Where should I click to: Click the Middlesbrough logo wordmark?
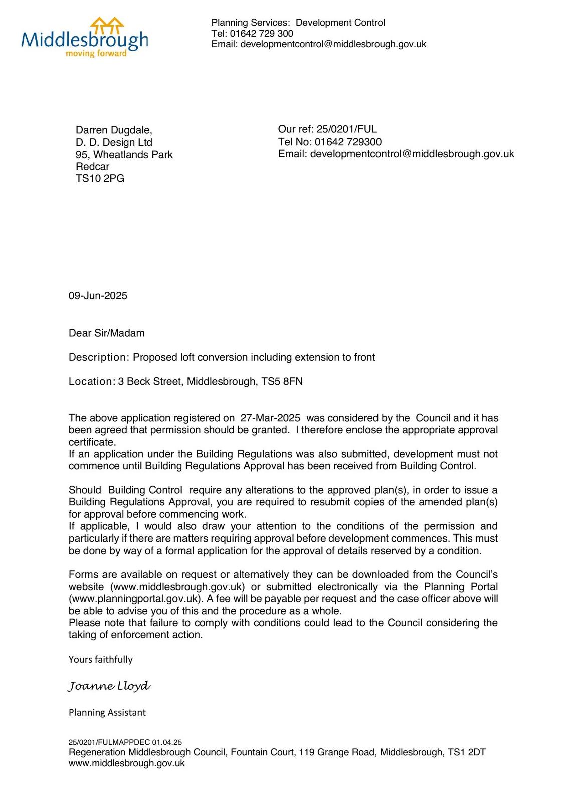coord(84,39)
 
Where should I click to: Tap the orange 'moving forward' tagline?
coord(96,53)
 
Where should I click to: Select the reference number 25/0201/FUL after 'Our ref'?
coord(346,129)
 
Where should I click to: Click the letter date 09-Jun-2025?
coord(98,296)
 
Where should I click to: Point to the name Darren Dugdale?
coord(113,130)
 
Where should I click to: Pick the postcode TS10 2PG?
coord(100,179)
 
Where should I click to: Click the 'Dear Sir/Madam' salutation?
coord(106,333)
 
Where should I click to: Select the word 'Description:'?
coord(99,357)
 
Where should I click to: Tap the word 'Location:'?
coord(92,381)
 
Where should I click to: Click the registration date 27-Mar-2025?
coord(270,418)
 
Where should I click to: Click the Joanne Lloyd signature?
coord(109,686)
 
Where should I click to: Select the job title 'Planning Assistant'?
coord(107,713)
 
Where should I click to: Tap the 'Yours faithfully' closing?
coord(100,660)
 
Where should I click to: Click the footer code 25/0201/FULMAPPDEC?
coord(109,742)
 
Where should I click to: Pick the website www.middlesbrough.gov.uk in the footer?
coord(126,763)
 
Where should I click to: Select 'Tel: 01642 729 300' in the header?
coord(252,34)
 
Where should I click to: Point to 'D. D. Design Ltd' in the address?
coord(114,143)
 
